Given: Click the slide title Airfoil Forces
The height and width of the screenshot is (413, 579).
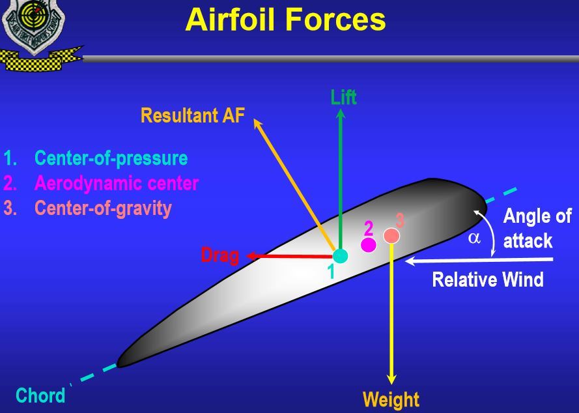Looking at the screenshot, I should pos(285,20).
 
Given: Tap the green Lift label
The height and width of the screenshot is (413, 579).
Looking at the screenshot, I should pos(343,98).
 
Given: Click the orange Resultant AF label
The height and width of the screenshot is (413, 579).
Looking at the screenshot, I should pos(192,116).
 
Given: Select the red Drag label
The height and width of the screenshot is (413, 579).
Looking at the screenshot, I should pos(219,255).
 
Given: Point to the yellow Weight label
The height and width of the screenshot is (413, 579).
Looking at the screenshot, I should pos(391,399).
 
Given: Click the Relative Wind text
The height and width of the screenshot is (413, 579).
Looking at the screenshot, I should pos(487,279).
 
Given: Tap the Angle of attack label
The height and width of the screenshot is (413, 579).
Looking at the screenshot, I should pos(536,228).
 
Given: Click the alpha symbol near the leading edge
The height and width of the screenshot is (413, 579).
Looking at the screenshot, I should pos(474,238).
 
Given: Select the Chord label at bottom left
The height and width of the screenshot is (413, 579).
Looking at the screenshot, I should pos(40,395).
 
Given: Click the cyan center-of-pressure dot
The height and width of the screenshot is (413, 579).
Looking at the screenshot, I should pos(340,255).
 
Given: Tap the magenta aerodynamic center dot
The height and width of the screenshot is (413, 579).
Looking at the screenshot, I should pos(369,245).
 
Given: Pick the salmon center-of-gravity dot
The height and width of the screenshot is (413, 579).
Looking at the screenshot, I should pos(391,235).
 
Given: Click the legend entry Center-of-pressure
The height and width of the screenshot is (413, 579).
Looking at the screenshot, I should pos(110,158).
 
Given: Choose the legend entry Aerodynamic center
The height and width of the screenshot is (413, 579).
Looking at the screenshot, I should pos(116,183).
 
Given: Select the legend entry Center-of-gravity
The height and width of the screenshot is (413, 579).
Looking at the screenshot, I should pos(102,208).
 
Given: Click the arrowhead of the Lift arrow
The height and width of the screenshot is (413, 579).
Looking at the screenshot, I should pos(340,113).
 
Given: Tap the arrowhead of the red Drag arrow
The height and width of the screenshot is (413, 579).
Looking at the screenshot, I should pos(249,256).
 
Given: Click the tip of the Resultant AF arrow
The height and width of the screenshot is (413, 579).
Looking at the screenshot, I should pos(256,121).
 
